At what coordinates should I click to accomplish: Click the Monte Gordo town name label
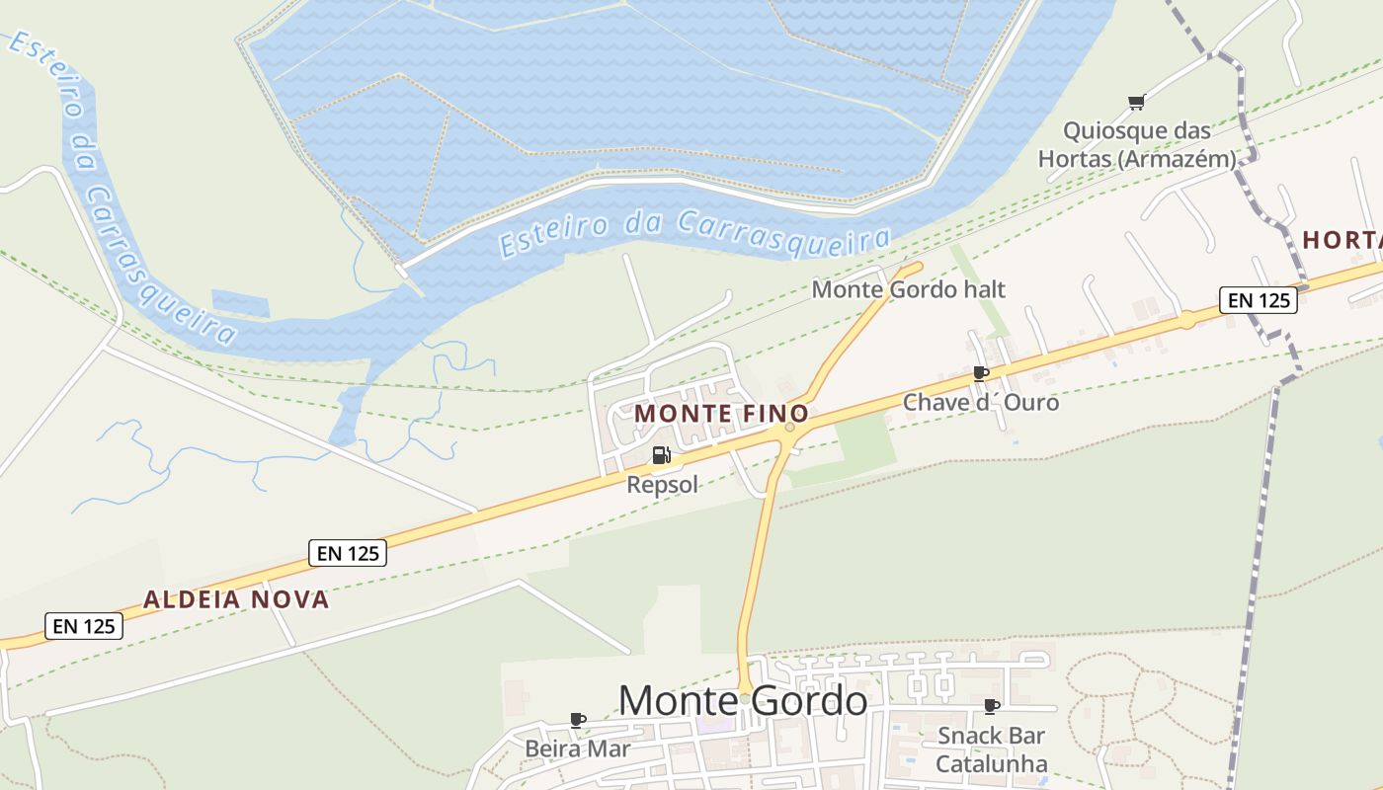point(743,700)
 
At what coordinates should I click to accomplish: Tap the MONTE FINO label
point(721,414)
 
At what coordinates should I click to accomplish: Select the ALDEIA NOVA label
point(236,599)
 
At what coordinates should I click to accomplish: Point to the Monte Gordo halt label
point(908,289)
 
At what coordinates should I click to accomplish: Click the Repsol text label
point(662,484)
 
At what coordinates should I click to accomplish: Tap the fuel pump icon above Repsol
point(661,455)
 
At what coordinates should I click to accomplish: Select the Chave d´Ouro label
point(980,403)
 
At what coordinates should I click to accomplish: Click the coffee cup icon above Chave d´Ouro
point(980,373)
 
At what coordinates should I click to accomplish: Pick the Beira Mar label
point(577,749)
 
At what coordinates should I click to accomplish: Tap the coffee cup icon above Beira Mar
point(578,720)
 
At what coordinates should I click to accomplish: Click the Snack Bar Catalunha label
point(991,750)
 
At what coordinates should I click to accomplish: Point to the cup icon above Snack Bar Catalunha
point(992,706)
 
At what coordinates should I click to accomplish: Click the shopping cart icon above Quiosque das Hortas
point(1136,102)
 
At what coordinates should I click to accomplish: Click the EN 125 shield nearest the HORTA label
point(1258,300)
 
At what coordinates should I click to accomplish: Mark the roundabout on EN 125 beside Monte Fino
point(788,428)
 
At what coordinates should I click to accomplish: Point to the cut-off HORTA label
point(1342,240)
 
